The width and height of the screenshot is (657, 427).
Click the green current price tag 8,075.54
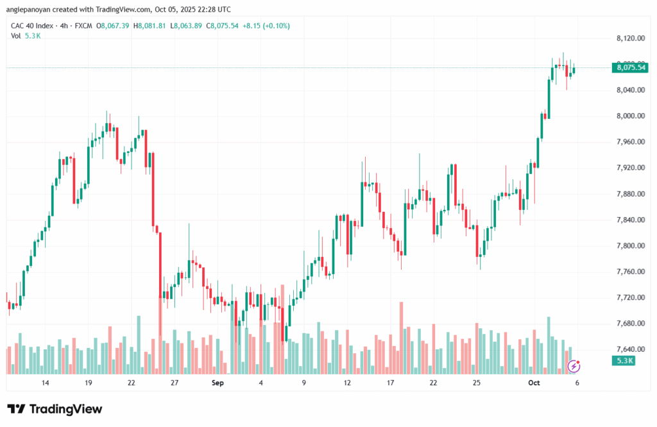coord(630,67)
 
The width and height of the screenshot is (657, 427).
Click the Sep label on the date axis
coord(218,383)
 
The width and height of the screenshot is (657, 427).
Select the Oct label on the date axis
coord(533,383)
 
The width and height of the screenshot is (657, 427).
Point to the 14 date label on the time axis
coord(46,383)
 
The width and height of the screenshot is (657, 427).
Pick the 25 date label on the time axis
coord(477,383)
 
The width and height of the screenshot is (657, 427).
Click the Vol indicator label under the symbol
coord(16,36)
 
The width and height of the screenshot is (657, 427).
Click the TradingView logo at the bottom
coord(55,409)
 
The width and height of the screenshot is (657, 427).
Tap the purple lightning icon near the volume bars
coord(575,366)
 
